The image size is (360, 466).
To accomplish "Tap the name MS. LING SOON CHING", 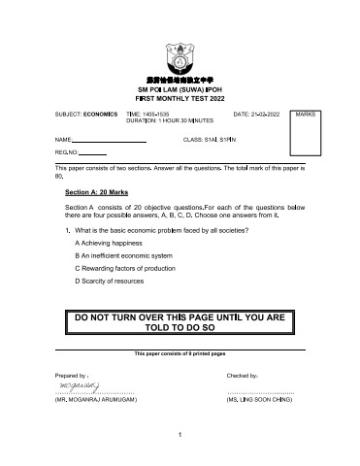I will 259,399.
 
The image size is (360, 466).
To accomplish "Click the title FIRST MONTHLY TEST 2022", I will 180,98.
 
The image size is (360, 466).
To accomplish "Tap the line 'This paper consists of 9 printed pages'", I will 180,353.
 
